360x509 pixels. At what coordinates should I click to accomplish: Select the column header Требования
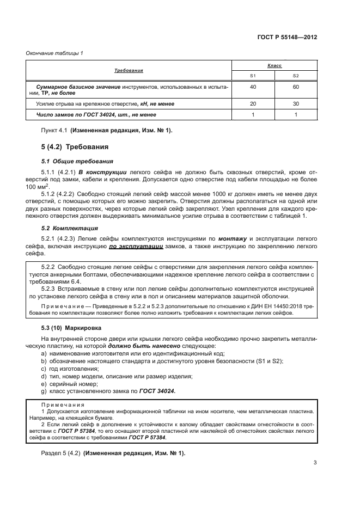pyautogui.click(x=129, y=71)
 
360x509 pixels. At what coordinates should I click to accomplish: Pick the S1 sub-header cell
pyautogui.click(x=253, y=76)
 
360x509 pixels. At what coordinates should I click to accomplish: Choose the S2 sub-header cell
pyautogui.click(x=296, y=76)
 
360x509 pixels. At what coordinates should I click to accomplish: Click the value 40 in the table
pyautogui.click(x=253, y=87)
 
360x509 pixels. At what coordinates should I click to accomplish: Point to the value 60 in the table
pyautogui.click(x=296, y=87)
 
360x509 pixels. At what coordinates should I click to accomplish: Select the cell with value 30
pyautogui.click(x=296, y=103)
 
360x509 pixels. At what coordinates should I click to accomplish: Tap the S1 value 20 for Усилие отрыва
pyautogui.click(x=253, y=103)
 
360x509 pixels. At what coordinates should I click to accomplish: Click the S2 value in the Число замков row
pyautogui.click(x=296, y=115)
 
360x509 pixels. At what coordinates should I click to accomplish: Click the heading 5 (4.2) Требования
pyautogui.click(x=75, y=147)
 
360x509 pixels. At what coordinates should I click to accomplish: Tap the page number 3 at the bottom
pyautogui.click(x=315, y=463)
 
